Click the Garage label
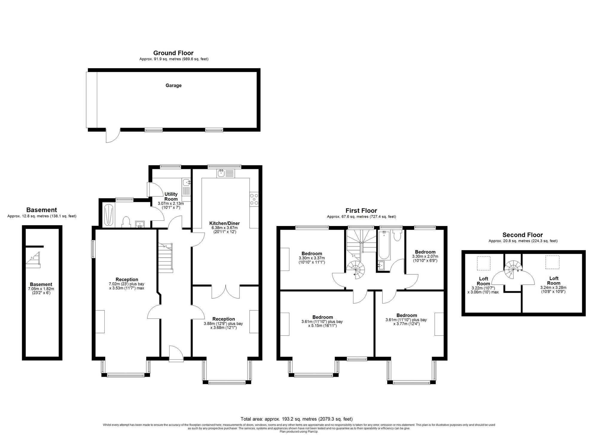point(173,86)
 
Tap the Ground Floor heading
point(173,53)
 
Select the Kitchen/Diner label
point(224,223)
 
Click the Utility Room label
point(171,197)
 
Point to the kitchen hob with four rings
point(254,199)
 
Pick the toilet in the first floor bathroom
point(397,235)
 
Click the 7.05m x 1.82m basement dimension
point(41,291)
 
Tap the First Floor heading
point(361,211)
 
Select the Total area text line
point(296,419)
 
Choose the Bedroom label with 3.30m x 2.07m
point(425,252)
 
